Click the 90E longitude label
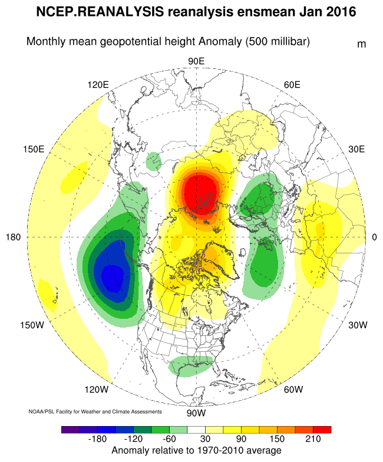(196, 61)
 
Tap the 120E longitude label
(98, 84)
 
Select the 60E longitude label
(293, 84)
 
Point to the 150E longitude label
(34, 148)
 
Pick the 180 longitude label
(14, 237)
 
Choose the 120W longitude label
(97, 389)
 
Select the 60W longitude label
(292, 389)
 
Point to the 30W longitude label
(358, 325)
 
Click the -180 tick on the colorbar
(97, 439)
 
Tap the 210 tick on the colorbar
(313, 439)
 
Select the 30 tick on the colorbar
(205, 439)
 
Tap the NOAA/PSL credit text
(95, 411)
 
